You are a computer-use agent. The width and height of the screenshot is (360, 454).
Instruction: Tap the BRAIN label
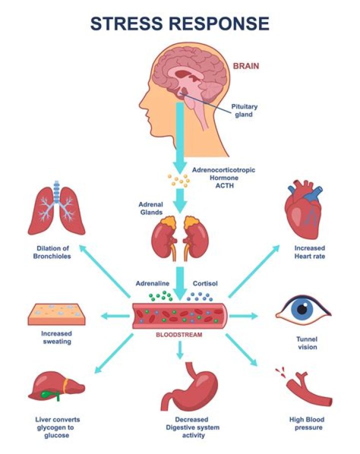(246, 65)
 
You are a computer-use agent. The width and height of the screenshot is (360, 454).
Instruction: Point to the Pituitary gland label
(244, 110)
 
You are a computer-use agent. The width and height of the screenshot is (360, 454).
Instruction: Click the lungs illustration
(56, 208)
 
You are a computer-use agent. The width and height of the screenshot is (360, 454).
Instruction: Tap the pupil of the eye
(301, 310)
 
